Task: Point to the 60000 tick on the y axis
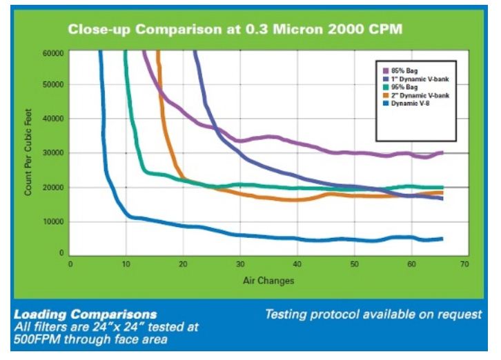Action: point(54,52)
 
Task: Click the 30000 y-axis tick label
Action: point(54,153)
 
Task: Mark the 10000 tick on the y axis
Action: point(54,221)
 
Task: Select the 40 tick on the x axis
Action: point(297,264)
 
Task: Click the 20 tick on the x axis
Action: point(184,264)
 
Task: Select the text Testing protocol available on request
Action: point(373,314)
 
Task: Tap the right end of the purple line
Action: point(442,152)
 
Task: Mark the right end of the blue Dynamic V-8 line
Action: point(442,239)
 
